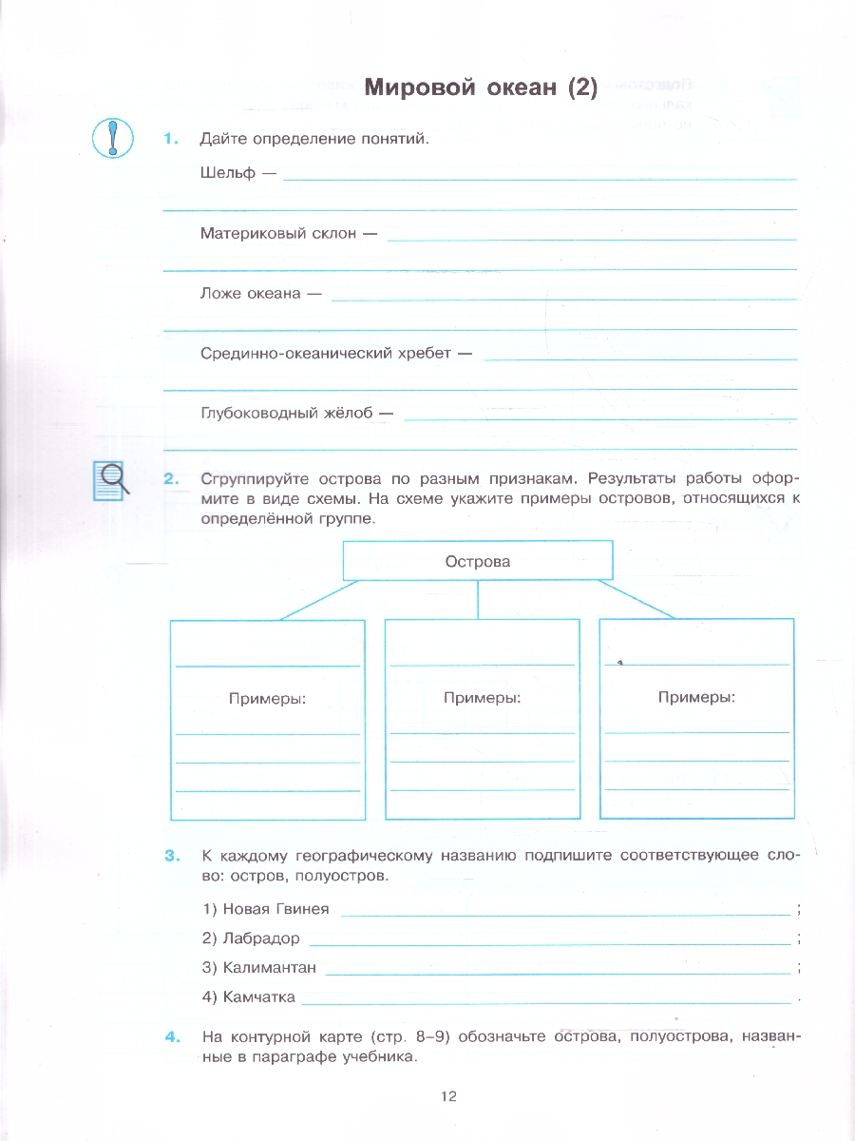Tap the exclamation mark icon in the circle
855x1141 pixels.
113,139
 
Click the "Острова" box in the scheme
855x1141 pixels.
477,561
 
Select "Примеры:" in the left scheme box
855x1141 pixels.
267,699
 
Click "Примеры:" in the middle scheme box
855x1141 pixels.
482,698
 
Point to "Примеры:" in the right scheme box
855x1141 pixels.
696,697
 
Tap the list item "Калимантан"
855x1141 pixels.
269,968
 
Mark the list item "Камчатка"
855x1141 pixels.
258,997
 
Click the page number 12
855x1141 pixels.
449,1096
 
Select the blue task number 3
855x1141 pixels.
171,856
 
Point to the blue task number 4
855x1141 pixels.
171,1036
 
